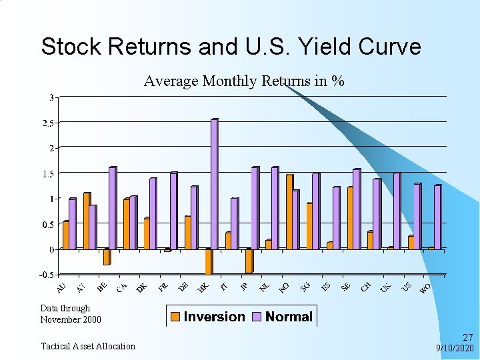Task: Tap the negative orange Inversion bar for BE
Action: pyautogui.click(x=106, y=257)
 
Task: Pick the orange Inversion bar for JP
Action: pyautogui.click(x=248, y=261)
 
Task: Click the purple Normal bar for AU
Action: pyautogui.click(x=72, y=223)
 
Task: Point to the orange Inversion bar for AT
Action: pyautogui.click(x=86, y=221)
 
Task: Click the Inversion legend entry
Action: pyautogui.click(x=207, y=317)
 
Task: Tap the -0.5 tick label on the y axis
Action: pyautogui.click(x=47, y=275)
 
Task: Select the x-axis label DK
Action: pyautogui.click(x=141, y=287)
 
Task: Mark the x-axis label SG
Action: pyautogui.click(x=305, y=287)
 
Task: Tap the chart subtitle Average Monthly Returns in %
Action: pyautogui.click(x=244, y=81)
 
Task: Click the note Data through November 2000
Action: pyautogui.click(x=71, y=314)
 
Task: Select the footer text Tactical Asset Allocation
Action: pyautogui.click(x=88, y=346)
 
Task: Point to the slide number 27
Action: pyautogui.click(x=467, y=338)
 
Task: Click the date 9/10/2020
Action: pyautogui.click(x=455, y=349)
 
